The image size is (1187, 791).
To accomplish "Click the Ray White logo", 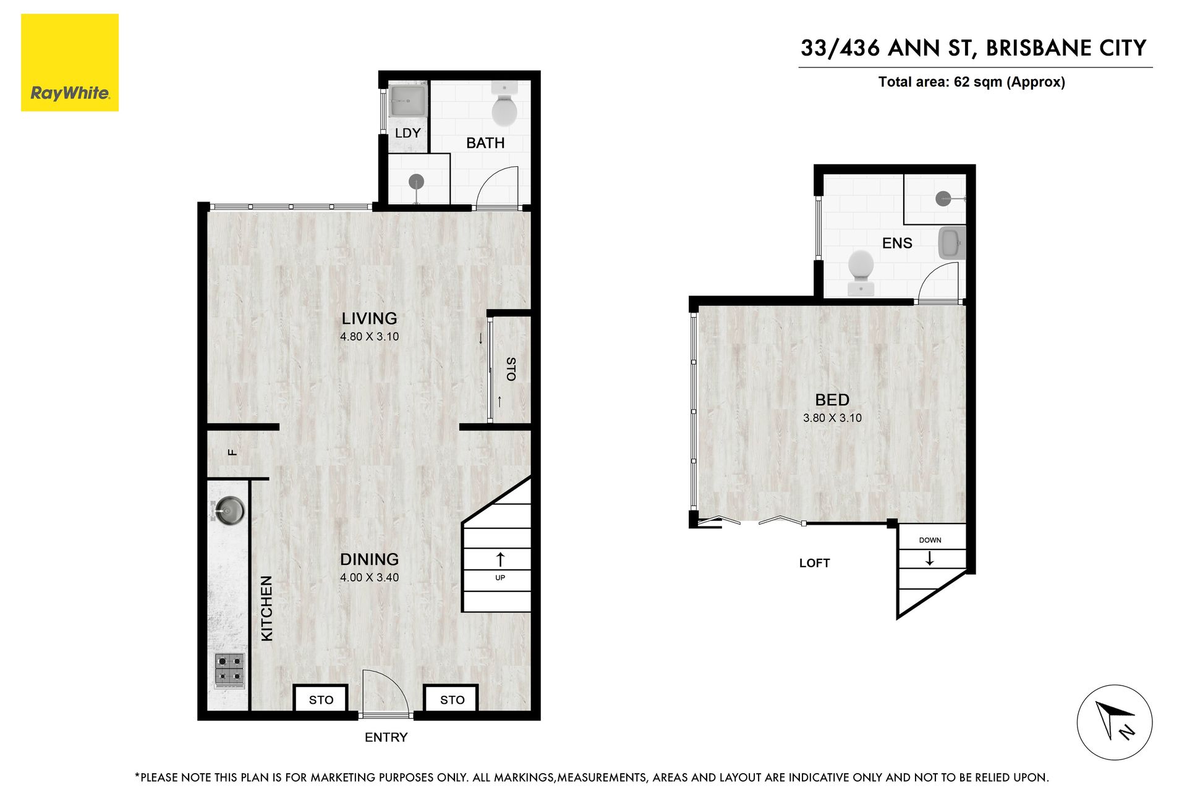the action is (x=70, y=62).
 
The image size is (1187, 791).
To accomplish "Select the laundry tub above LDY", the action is (x=408, y=100).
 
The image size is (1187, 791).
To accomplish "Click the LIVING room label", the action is (x=369, y=318).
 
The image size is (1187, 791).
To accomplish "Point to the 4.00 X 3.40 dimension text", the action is (x=369, y=577).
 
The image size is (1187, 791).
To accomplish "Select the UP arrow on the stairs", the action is (x=500, y=559).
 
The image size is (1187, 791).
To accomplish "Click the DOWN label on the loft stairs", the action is (x=930, y=540).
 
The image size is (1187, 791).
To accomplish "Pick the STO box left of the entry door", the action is (x=321, y=699).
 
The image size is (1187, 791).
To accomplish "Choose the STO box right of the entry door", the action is (x=452, y=699).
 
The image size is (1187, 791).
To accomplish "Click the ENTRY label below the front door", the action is (x=386, y=737).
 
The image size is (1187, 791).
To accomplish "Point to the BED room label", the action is (x=832, y=400).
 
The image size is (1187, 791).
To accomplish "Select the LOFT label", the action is (x=814, y=563).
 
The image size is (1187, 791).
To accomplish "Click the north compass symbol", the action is (x=1114, y=722).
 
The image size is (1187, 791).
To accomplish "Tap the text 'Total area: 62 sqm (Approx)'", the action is (x=971, y=82).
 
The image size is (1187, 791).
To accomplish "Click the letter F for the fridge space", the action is (x=232, y=452).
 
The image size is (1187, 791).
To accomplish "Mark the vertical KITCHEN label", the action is (x=266, y=608).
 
